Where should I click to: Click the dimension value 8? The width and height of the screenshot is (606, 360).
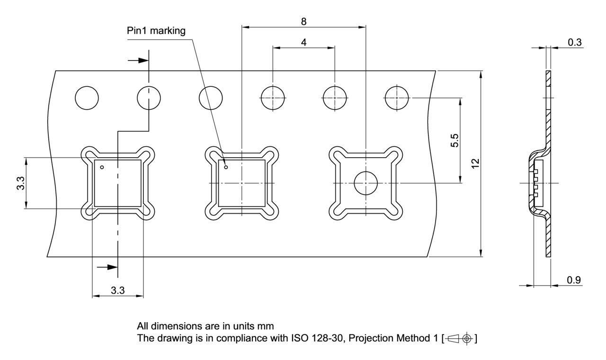[x=303, y=21]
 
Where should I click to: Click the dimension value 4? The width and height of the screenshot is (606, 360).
[x=303, y=42]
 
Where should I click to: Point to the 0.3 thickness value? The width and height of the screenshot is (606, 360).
[x=574, y=42]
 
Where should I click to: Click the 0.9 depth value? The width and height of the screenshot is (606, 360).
[x=574, y=280]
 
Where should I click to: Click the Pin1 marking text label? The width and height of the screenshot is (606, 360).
[x=156, y=31]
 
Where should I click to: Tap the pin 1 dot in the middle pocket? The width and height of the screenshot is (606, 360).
[x=226, y=167]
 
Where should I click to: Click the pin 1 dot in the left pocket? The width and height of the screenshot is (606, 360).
[x=101, y=167]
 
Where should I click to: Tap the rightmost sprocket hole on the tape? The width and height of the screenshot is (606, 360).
[x=397, y=99]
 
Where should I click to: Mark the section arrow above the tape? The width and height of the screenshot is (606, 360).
[x=137, y=61]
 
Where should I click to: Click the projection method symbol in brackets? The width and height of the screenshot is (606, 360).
[x=458, y=339]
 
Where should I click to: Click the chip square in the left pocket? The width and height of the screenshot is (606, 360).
[x=118, y=183]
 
